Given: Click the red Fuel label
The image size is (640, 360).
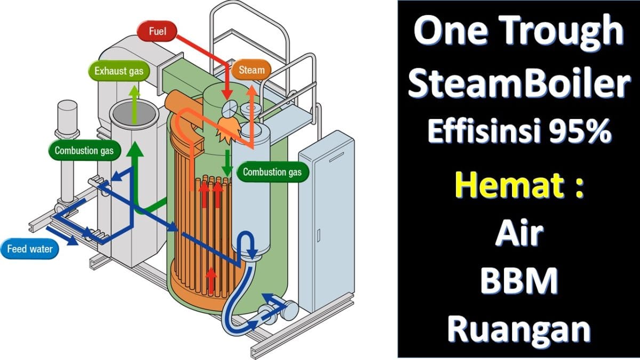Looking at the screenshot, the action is (x=157, y=31).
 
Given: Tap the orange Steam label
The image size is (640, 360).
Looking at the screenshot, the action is (x=251, y=70).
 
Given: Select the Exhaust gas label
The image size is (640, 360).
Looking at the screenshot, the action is (x=119, y=71).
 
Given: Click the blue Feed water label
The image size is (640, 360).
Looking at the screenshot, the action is (x=30, y=249).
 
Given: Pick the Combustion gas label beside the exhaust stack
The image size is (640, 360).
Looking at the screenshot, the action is (x=84, y=150).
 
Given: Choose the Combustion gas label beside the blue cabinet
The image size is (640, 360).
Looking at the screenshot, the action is (x=273, y=172).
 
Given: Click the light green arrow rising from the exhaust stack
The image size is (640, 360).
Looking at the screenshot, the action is (x=134, y=105).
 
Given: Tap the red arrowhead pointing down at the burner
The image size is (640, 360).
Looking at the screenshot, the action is (x=227, y=94).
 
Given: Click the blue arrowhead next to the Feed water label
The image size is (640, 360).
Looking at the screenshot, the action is (x=72, y=242).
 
